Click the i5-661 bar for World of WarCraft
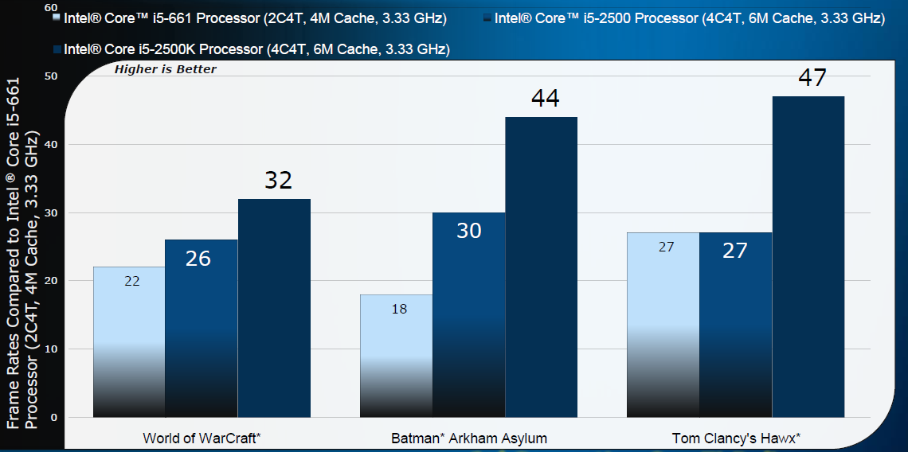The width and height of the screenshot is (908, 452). tap(129, 342)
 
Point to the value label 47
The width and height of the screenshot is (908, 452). tap(812, 78)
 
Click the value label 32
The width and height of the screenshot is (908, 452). tap(278, 181)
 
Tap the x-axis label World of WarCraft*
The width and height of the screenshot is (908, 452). tap(202, 438)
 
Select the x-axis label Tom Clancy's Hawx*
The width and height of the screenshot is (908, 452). tap(736, 438)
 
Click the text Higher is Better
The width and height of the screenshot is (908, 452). tap(166, 69)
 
